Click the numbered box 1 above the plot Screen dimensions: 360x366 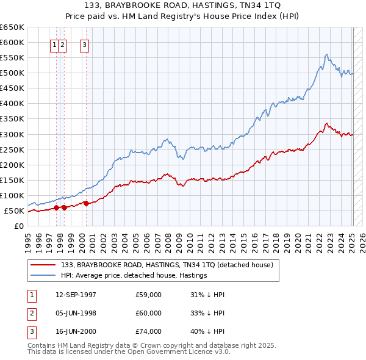[x=55, y=43]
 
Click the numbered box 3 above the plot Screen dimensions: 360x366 [x=84, y=43]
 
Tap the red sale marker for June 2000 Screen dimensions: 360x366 [x=86, y=203]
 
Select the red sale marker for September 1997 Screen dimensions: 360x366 [x=56, y=207]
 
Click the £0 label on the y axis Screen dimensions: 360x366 [x=19, y=226]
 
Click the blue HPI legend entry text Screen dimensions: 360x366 [x=134, y=275]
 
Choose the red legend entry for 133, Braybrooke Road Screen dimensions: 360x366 [x=170, y=265]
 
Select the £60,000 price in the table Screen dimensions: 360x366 [x=149, y=313]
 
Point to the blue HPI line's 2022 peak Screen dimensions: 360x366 [x=327, y=54]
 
